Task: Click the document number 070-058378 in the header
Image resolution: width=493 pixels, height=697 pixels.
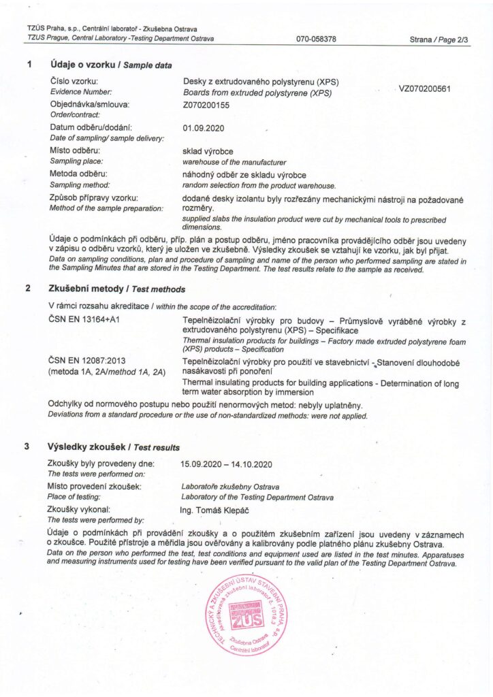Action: coord(316,39)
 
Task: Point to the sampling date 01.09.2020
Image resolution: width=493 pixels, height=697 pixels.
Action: coord(204,128)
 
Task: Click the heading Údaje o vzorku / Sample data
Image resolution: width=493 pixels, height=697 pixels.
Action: coord(110,65)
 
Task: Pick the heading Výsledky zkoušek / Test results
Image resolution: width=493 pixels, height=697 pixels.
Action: coord(114,447)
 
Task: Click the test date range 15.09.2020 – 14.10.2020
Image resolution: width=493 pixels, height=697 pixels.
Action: coord(226,464)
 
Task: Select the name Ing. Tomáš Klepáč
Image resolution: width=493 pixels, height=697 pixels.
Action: coord(215,510)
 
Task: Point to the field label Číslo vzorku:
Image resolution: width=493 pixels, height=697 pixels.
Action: coord(75,82)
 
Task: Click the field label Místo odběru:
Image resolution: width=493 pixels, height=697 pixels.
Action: coord(75,150)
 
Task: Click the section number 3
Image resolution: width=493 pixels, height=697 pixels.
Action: coord(27,447)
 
